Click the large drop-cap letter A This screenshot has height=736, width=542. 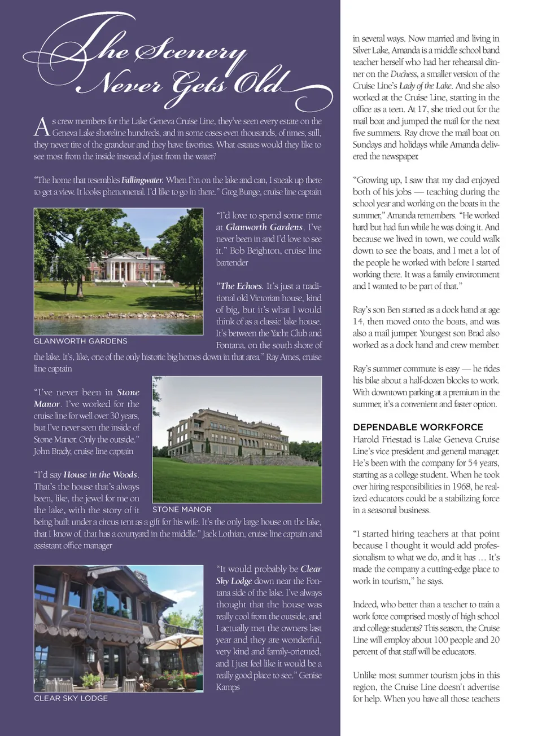42,127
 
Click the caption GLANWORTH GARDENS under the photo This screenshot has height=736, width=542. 80,341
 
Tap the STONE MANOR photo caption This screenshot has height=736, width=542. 182,509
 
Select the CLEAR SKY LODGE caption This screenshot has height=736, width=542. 71,698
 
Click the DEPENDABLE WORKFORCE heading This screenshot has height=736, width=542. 418,427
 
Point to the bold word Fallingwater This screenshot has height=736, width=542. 142,180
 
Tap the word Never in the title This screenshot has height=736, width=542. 121,85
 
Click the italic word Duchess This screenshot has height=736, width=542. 404,74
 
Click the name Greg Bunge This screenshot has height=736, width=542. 240,192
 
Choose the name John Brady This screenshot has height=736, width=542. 52,451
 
